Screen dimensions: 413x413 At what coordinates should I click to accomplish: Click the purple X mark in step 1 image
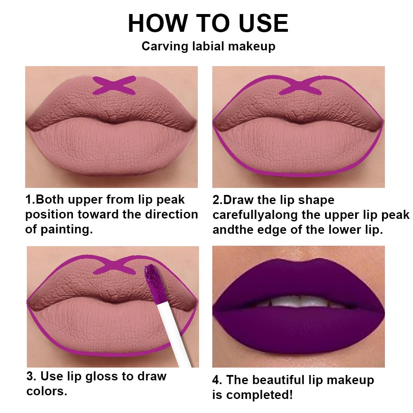(114, 85)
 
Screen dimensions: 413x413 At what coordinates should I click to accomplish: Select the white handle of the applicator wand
(173, 330)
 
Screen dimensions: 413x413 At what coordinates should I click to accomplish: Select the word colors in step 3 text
(45, 391)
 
